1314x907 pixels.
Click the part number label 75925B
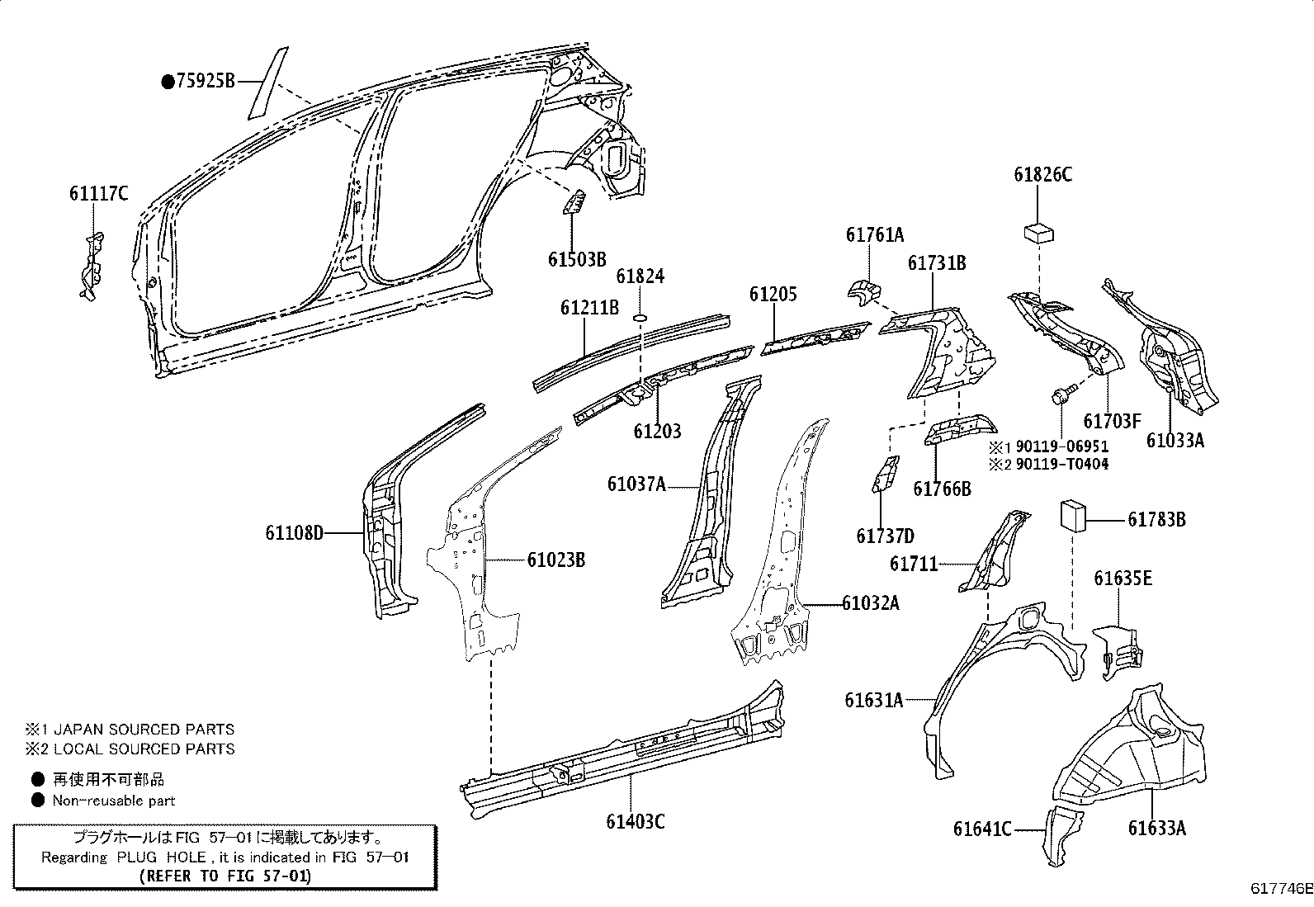click(x=205, y=81)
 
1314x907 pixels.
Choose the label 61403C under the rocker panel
click(x=635, y=821)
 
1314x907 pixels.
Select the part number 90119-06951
click(x=1061, y=446)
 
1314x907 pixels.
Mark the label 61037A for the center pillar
click(x=636, y=484)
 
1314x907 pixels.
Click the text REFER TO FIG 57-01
click(x=225, y=876)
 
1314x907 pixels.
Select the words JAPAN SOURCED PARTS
click(x=144, y=730)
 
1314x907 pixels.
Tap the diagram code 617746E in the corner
click(x=1281, y=889)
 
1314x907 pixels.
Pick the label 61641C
click(x=982, y=828)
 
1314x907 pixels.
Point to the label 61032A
click(x=870, y=603)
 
